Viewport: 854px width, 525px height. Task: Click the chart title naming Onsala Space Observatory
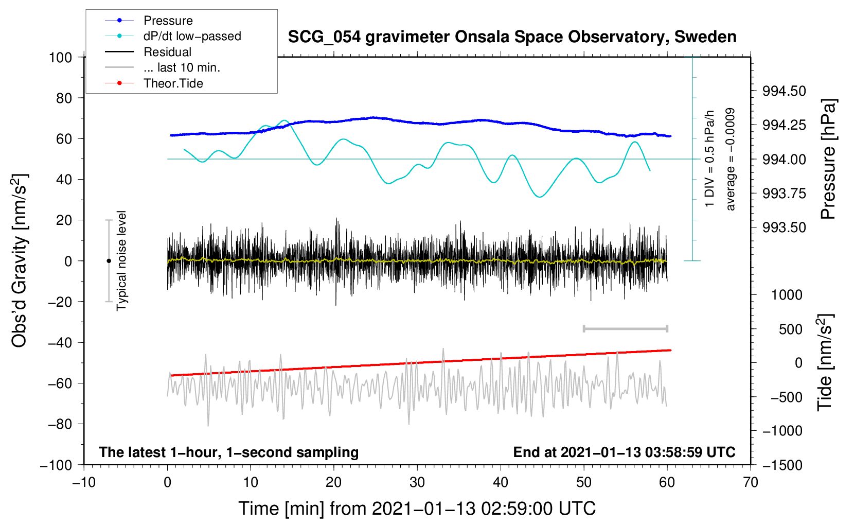(512, 37)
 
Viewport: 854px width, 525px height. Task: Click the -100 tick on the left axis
(57, 465)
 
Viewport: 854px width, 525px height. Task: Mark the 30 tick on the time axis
(417, 482)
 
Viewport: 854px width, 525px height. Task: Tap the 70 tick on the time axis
(751, 482)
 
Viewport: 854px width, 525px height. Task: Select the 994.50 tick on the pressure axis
(777, 91)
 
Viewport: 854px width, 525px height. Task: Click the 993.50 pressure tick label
(777, 227)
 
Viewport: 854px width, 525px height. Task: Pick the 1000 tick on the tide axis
(786, 295)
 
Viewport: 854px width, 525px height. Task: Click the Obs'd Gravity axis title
(20, 260)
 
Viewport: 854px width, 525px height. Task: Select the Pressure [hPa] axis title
(828, 159)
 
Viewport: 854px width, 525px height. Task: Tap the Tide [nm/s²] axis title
(825, 362)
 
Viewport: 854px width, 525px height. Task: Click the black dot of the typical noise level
(109, 261)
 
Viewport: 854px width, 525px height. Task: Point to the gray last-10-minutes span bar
(625, 328)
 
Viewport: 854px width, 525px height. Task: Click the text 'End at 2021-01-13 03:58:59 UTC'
(624, 452)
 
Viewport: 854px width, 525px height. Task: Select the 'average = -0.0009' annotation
(731, 159)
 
